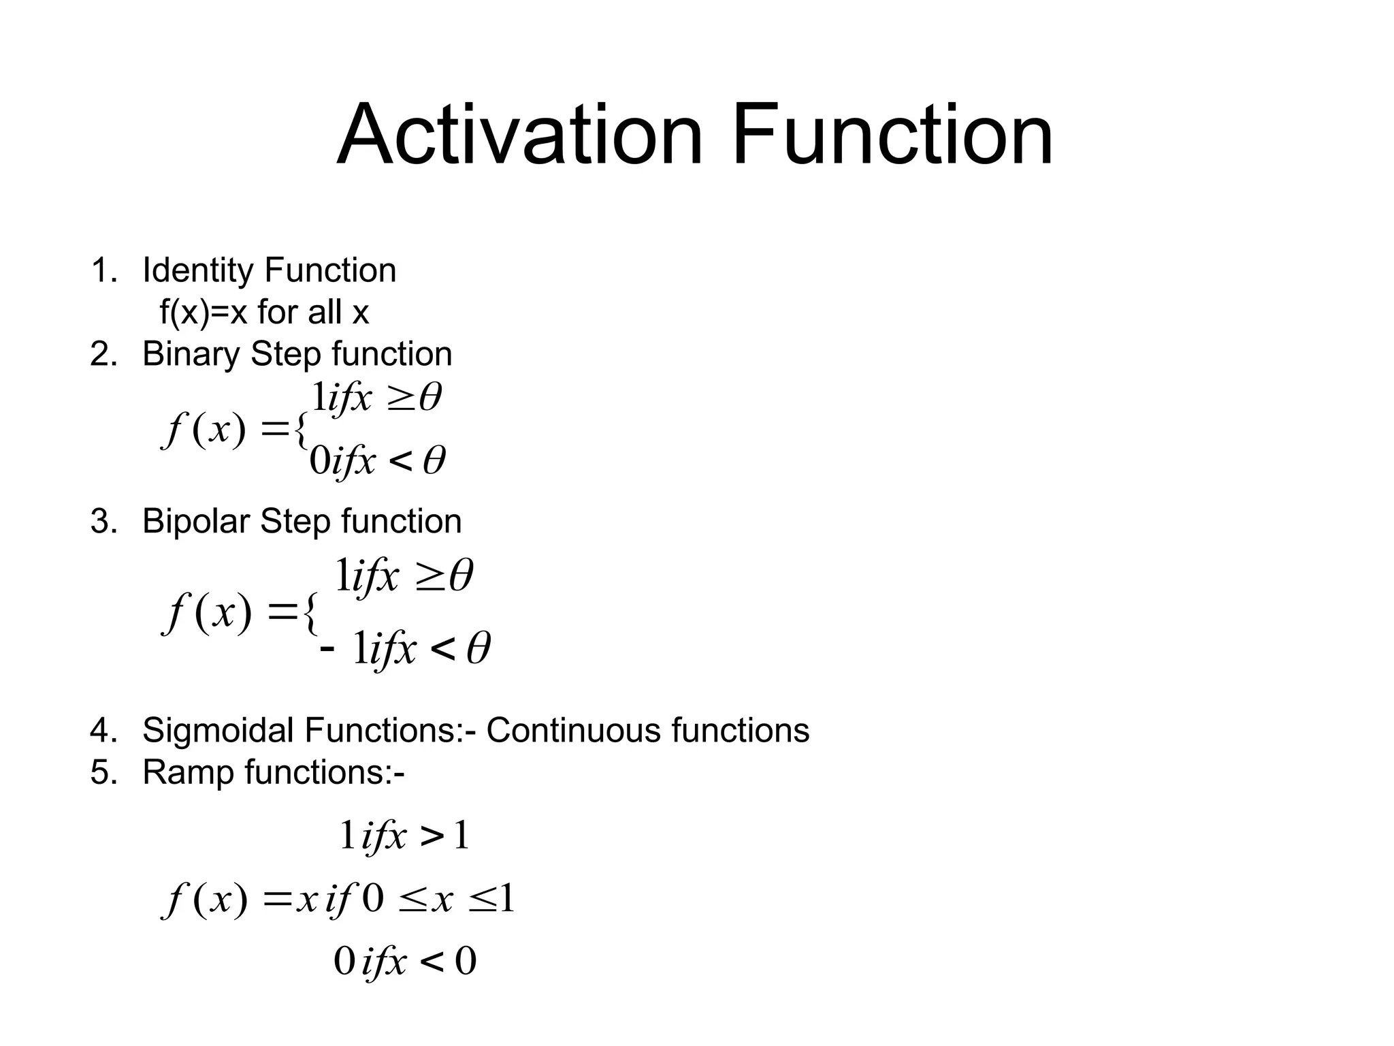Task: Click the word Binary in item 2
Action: coord(191,354)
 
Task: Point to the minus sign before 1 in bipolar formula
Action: coord(327,648)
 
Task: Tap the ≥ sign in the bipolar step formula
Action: coord(428,577)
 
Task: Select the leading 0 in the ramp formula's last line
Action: coord(344,962)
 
